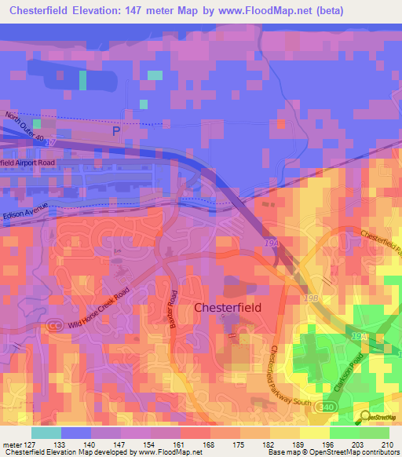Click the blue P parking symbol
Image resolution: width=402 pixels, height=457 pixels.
tap(117, 132)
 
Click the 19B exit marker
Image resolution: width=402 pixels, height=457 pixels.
tap(312, 298)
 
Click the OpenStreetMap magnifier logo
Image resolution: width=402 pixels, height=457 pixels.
tap(366, 416)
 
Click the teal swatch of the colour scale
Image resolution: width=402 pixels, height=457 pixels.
tap(46, 433)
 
